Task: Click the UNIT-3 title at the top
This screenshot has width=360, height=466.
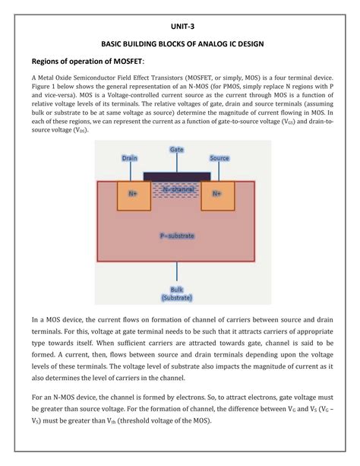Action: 181,25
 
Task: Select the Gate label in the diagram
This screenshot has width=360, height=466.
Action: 178,150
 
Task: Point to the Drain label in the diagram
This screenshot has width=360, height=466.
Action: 131,159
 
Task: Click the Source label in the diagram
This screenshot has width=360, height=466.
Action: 219,159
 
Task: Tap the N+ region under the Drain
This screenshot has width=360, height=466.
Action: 133,194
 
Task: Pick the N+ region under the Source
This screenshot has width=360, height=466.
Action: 217,194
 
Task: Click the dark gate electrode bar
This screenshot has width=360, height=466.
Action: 177,176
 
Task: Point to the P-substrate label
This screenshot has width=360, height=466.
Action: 177,236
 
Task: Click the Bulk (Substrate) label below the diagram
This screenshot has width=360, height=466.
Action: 177,293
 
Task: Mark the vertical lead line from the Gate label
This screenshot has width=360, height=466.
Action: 178,162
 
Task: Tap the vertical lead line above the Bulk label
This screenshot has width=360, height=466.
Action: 178,271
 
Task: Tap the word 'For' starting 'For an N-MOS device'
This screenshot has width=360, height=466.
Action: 37,397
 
